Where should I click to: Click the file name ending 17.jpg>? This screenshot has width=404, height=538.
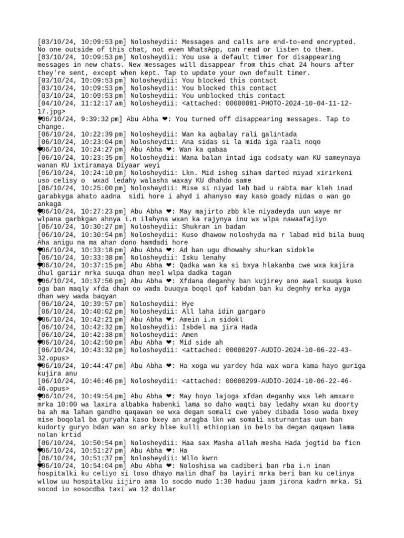tap(52, 111)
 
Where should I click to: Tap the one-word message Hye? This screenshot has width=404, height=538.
tap(188, 304)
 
